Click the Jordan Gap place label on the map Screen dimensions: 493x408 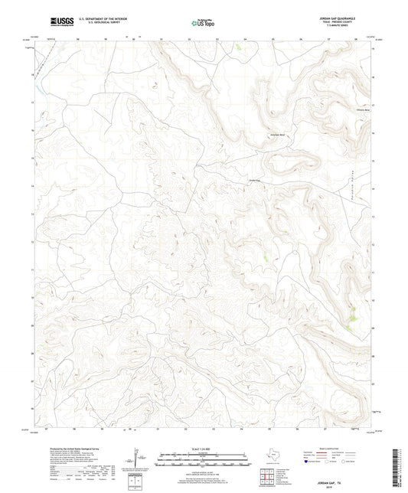[x=255, y=181]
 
